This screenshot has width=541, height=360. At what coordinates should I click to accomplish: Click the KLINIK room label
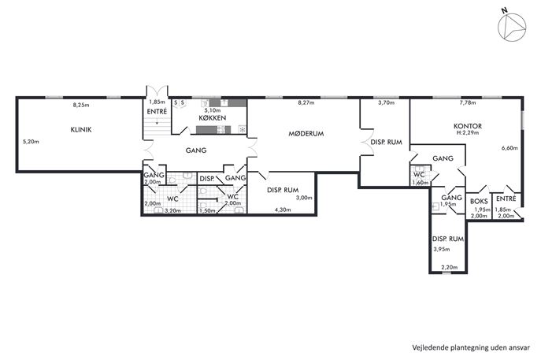(81, 130)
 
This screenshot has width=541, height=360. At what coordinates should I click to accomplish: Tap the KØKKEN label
(213, 117)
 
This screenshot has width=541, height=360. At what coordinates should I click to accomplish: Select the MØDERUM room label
(306, 134)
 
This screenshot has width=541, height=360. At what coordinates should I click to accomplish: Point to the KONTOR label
(468, 126)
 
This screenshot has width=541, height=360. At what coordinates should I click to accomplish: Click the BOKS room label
(480, 201)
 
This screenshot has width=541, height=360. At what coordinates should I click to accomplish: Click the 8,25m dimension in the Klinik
(81, 105)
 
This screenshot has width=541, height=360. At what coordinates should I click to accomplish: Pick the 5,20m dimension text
(31, 142)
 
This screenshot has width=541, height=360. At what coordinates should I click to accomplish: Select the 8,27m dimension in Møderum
(306, 102)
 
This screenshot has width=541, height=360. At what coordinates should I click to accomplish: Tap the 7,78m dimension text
(468, 102)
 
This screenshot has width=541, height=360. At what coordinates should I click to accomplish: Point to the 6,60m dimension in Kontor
(510, 148)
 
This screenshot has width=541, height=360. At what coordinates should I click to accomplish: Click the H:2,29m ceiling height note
(468, 132)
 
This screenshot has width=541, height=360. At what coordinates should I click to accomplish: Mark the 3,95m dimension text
(442, 249)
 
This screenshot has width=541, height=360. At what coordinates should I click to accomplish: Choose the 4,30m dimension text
(283, 210)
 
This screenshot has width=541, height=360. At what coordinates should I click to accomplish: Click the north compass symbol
(512, 28)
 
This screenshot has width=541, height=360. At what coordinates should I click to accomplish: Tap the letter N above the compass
(505, 10)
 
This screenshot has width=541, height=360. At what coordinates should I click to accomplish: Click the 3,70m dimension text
(386, 102)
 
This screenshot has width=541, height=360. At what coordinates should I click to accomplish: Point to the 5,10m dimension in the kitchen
(212, 110)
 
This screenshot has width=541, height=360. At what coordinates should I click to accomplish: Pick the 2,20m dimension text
(449, 267)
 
